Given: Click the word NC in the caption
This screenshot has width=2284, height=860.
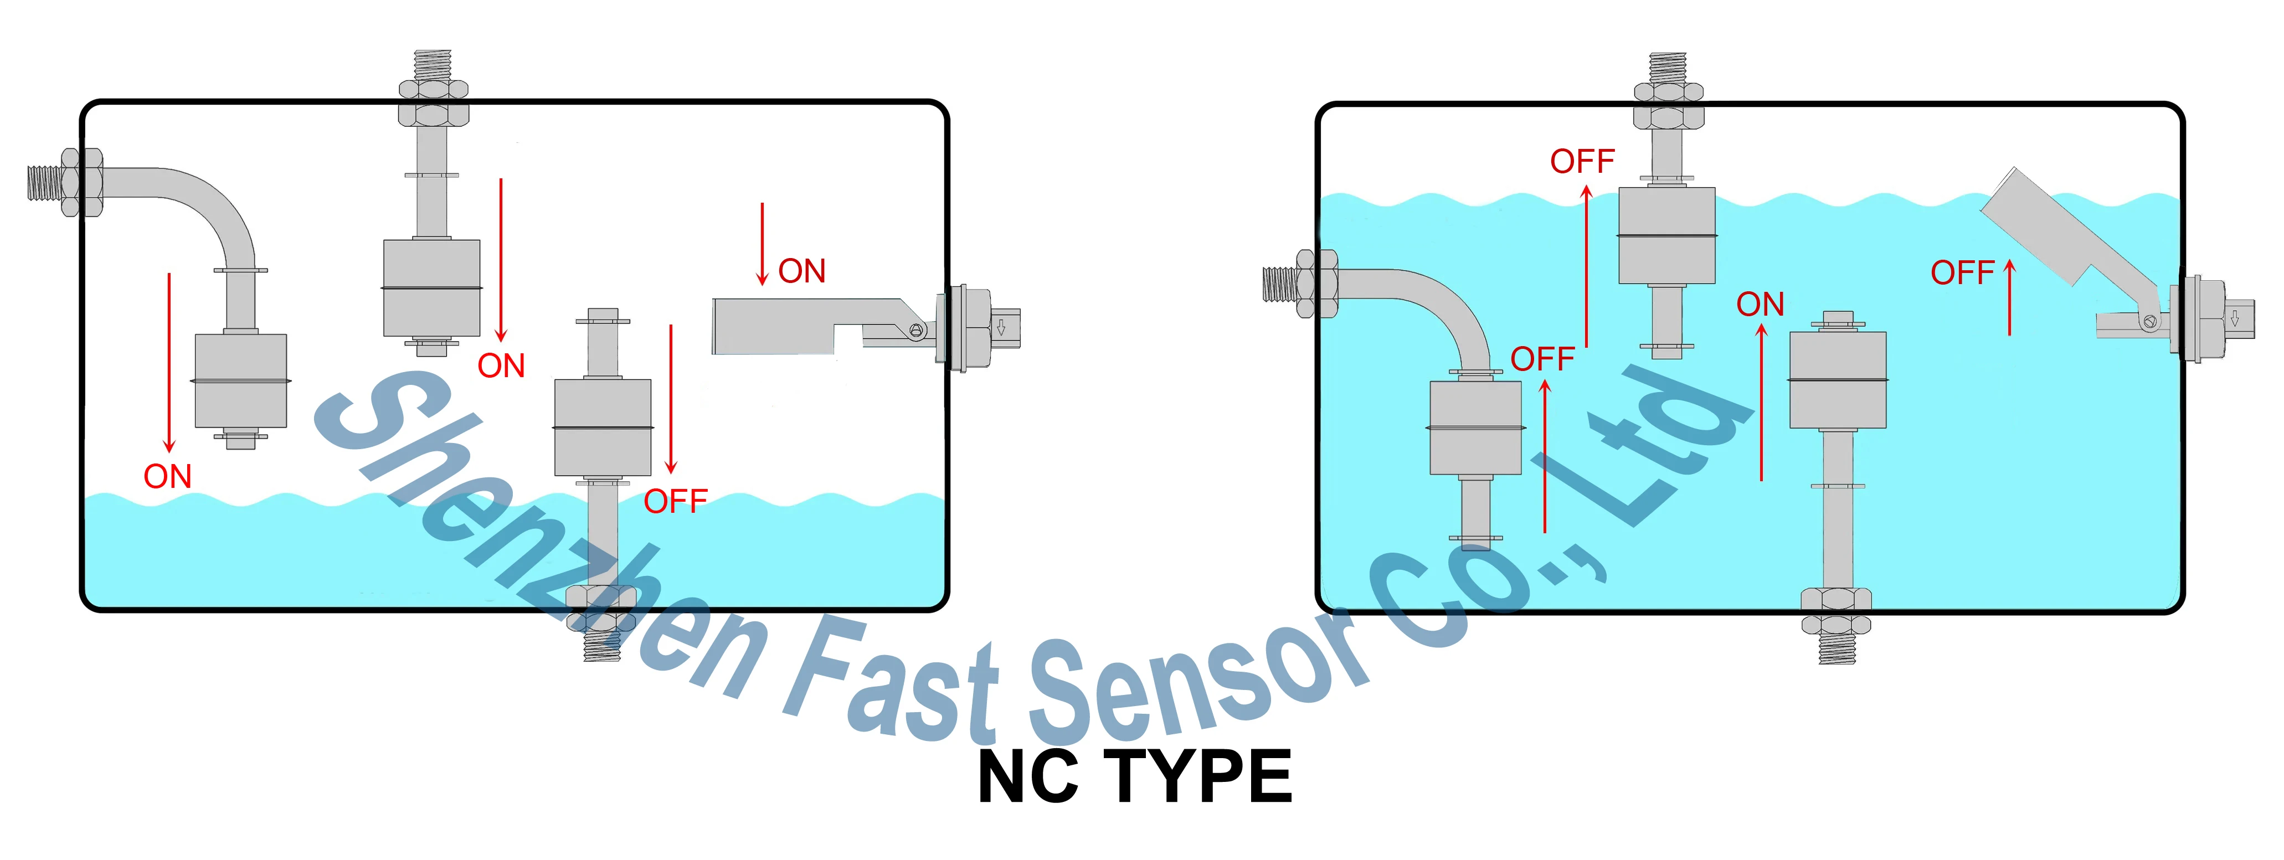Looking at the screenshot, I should coord(1028,777).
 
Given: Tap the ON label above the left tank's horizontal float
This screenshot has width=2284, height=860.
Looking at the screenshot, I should coord(801,271).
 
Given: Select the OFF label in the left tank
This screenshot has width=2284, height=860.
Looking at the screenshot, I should coord(676,502).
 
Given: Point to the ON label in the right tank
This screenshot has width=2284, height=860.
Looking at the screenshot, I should coord(1760,305).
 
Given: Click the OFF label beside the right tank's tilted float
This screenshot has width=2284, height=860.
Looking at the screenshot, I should coord(1962,273).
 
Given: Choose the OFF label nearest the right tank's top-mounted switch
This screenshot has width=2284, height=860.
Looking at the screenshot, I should coord(1583,161).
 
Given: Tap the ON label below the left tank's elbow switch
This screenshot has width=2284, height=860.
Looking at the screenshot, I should coord(168,477).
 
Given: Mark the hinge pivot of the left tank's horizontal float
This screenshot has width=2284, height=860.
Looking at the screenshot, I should coord(917,331).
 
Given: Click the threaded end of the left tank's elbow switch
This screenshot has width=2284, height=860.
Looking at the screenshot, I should coord(44,183).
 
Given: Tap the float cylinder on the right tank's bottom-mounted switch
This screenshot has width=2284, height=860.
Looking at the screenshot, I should coord(1837,379).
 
